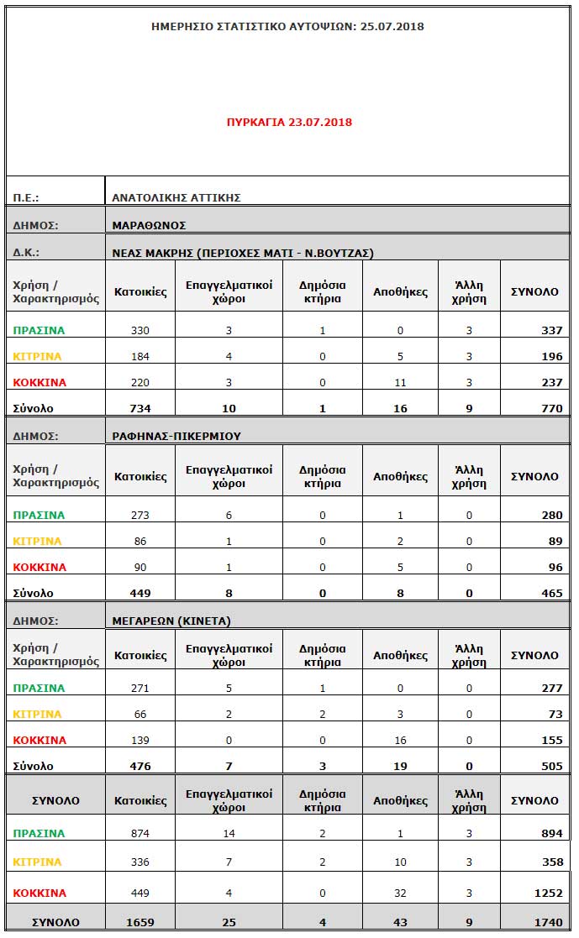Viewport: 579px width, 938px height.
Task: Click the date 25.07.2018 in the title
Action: (392, 26)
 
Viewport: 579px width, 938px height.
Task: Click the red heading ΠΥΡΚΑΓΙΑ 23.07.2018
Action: (289, 122)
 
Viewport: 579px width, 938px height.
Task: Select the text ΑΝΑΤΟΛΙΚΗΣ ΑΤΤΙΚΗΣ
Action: (176, 197)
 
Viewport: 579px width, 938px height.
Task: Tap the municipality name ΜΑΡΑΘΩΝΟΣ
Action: (149, 225)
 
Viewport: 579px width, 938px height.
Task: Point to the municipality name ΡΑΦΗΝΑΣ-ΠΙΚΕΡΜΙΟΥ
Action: (176, 436)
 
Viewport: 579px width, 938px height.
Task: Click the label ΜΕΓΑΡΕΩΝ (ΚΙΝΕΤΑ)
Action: (171, 621)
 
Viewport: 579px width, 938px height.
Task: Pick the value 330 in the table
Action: (140, 330)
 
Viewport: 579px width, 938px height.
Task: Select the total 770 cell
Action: (551, 408)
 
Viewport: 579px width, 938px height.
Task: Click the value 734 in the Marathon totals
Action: (140, 408)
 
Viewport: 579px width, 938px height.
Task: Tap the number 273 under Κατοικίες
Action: (140, 515)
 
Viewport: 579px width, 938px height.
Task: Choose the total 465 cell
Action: (551, 593)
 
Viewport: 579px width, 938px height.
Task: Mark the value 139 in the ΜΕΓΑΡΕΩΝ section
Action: (140, 740)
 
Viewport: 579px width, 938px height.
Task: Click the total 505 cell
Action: (551, 766)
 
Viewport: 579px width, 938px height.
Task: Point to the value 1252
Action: (548, 893)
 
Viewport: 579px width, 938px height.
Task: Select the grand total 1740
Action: (548, 922)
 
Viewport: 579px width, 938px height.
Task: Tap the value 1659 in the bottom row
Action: (140, 922)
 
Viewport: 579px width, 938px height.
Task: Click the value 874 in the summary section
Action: (140, 833)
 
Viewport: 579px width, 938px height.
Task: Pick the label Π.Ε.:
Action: (26, 198)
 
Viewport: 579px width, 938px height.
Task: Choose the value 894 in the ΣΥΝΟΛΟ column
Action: (551, 833)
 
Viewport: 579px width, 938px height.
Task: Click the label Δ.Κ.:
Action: (26, 252)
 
